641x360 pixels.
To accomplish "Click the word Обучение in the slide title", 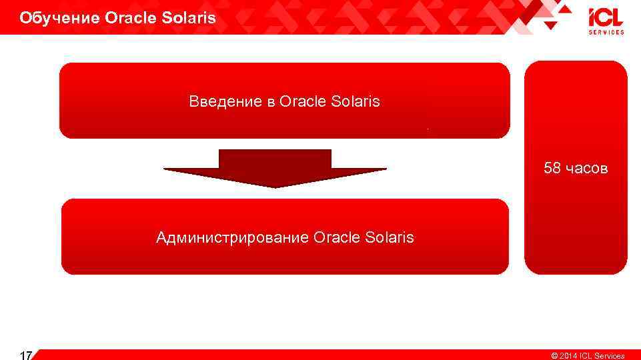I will (x=59, y=18).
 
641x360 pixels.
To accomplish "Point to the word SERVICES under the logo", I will (x=606, y=32).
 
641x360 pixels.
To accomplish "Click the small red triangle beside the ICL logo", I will (x=550, y=25).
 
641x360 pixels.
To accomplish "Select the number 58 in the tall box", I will (x=552, y=168).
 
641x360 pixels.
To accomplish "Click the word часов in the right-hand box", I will (x=586, y=168).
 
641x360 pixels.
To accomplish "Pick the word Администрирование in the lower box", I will (x=231, y=237).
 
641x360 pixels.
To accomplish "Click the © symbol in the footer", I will (x=554, y=356).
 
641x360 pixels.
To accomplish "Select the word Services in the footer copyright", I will (x=609, y=356).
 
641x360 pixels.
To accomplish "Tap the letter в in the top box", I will (x=271, y=102).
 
